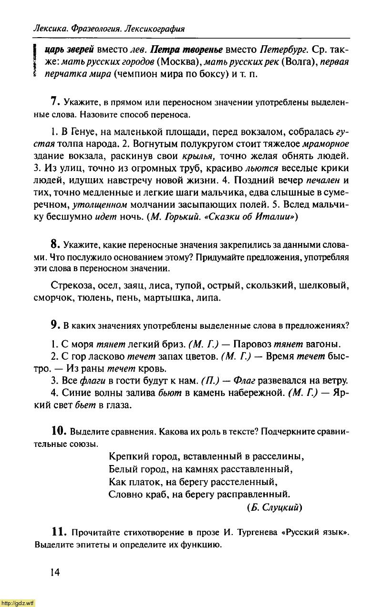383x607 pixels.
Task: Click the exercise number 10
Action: pos(59,431)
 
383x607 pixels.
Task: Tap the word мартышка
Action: pos(172,298)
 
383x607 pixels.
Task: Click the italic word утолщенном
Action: pos(99,205)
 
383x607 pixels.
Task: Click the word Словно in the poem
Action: pos(124,494)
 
